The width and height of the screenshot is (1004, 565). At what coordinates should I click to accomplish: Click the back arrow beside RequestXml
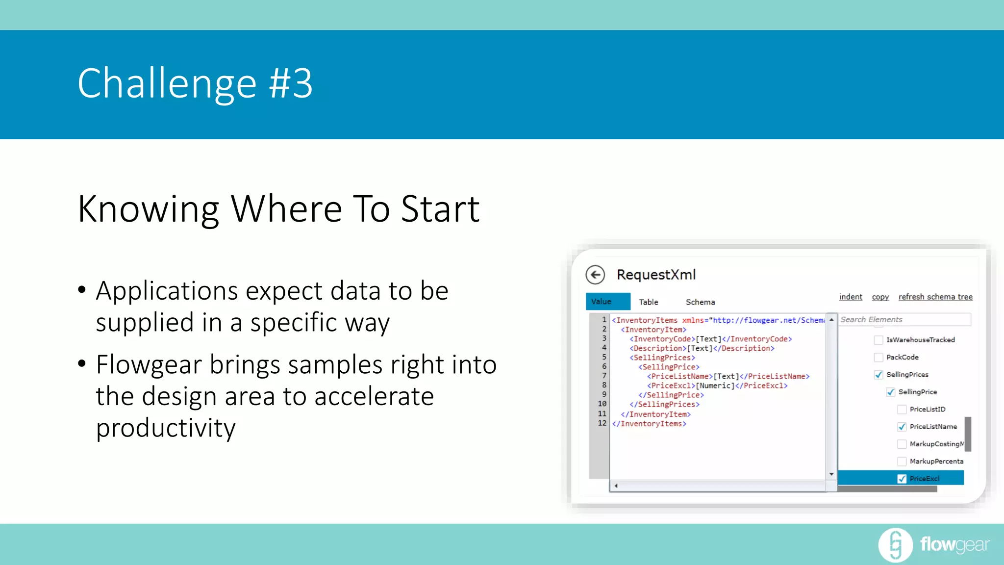[x=595, y=275]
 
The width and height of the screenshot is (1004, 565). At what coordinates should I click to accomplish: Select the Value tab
[x=607, y=302]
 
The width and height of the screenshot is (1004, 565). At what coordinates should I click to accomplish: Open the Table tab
[x=648, y=302]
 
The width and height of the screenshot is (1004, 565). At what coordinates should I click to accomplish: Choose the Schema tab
[x=700, y=302]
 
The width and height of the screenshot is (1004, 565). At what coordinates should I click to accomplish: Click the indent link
[x=850, y=297]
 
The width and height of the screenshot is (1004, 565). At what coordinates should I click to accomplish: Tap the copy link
[x=880, y=297]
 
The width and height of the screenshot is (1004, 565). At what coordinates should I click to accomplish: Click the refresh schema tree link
[x=935, y=297]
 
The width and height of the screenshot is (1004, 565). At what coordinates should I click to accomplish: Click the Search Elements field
[x=904, y=319]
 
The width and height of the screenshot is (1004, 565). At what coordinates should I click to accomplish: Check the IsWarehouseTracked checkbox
[x=878, y=340]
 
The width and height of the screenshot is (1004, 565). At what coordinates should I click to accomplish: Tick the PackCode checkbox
[x=878, y=357]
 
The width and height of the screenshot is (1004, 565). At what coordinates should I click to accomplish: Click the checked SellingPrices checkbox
[x=878, y=375]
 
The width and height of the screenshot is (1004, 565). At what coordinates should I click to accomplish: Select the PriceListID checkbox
[x=902, y=410]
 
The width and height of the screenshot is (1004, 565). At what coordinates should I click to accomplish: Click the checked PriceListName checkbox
[x=902, y=427]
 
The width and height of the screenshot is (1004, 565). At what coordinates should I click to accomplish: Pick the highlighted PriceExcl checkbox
[x=902, y=479]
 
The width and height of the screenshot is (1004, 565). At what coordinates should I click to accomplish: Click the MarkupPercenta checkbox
[x=902, y=462]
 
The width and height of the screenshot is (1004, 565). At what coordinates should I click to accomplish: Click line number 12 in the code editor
[x=602, y=423]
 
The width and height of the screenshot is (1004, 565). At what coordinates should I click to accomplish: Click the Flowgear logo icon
[x=895, y=545]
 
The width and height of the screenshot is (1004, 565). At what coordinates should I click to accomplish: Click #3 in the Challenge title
[x=290, y=83]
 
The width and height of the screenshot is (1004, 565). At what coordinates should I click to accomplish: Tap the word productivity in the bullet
[x=166, y=428]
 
